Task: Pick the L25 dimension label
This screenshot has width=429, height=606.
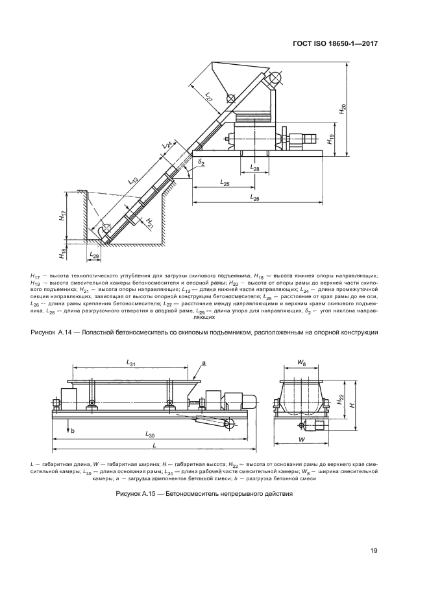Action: (224, 184)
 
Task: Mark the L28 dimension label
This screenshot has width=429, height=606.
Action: (254, 169)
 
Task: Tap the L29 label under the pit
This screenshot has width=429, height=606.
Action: (95, 257)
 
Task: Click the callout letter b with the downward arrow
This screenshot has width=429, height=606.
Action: (73, 430)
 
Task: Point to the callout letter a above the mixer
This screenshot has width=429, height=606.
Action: (203, 363)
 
